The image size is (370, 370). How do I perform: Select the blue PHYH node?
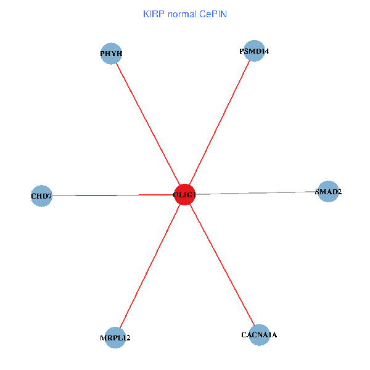click(x=111, y=53)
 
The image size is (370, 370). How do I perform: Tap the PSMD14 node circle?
click(x=255, y=51)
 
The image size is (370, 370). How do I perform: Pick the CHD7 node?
click(x=41, y=196)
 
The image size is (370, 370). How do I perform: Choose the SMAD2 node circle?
click(x=328, y=191)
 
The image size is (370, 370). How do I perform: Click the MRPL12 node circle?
click(x=115, y=337)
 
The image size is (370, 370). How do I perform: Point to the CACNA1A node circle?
click(x=259, y=335)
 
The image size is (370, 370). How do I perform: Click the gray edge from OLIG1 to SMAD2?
click(x=259, y=193)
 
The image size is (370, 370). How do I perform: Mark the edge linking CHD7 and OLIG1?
click(x=111, y=195)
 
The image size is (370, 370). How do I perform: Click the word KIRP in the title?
click(x=152, y=13)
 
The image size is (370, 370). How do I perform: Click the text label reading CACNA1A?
click(x=259, y=335)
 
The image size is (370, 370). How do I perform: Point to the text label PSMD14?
click(x=254, y=51)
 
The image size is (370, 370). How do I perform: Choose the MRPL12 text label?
click(x=115, y=338)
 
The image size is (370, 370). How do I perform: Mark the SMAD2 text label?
click(x=328, y=192)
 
